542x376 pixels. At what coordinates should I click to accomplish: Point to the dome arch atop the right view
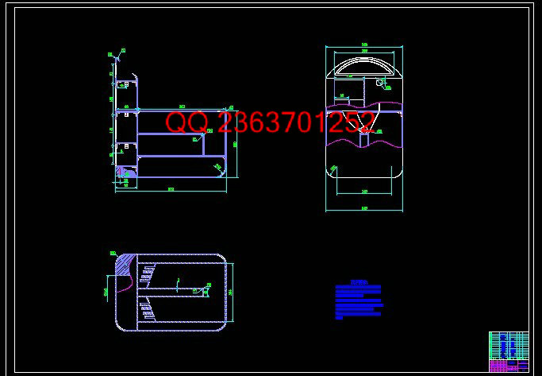point(363,61)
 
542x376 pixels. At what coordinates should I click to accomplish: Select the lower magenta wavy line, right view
point(364,143)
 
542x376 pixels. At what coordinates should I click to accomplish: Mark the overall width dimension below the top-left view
point(171,190)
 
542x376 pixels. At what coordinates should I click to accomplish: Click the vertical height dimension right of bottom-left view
point(232,292)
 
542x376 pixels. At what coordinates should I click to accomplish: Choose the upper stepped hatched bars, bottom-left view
point(148,274)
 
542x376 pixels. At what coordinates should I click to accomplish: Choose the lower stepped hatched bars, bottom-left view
point(148,309)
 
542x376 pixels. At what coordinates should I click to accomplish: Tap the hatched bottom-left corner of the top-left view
point(125,171)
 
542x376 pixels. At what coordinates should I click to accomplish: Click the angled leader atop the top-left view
point(118,56)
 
